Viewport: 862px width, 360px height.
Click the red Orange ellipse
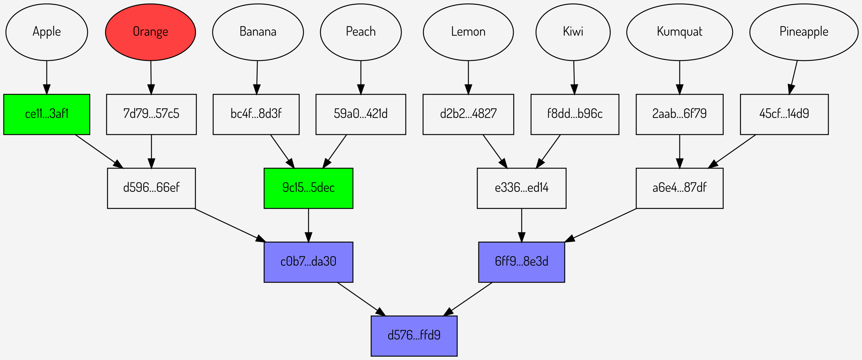[150, 32]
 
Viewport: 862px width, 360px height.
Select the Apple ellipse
[47, 32]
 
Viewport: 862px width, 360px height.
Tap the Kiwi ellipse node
[573, 32]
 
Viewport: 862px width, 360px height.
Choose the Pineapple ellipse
[804, 32]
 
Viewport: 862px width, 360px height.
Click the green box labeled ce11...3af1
[47, 114]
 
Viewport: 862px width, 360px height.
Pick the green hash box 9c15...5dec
[308, 188]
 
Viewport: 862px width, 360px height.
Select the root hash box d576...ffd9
[414, 336]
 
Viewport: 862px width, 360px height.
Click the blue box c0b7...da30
[308, 262]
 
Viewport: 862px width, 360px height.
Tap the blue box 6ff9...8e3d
[521, 262]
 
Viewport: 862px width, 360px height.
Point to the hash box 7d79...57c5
[151, 114]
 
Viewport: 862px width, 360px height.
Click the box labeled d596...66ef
[151, 188]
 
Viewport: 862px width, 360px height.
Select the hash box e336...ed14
[521, 188]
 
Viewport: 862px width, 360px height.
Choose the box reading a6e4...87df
[679, 188]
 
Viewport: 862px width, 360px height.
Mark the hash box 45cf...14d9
[784, 114]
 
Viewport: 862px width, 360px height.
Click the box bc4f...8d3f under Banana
[256, 114]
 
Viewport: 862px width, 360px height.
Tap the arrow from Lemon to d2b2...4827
[468, 77]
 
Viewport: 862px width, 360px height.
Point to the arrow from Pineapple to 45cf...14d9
[794, 77]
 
